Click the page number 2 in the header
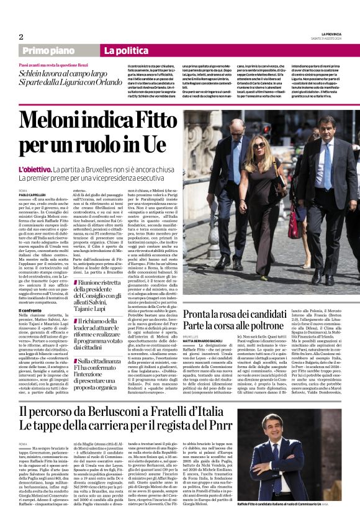pyautogui.click(x=20, y=37)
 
